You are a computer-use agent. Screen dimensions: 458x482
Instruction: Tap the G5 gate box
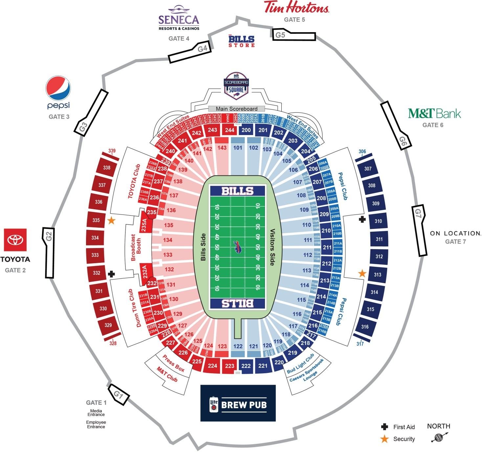point(294,35)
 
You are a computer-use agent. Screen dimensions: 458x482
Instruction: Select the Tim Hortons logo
point(296,8)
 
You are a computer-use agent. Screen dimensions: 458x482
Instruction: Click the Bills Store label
point(242,41)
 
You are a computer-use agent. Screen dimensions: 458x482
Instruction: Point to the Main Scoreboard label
point(236,109)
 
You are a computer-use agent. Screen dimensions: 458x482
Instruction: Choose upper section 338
point(107,168)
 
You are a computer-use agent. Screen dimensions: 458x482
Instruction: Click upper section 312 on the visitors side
point(379,257)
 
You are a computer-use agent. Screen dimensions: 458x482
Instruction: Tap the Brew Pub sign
point(238,403)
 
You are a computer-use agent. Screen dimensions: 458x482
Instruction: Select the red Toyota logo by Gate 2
point(15,240)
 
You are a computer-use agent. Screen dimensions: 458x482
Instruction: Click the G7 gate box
point(420,230)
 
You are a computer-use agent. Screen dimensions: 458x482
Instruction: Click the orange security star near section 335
point(111,220)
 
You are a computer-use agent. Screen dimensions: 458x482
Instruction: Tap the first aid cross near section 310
point(362,219)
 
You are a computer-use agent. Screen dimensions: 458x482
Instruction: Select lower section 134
point(168,240)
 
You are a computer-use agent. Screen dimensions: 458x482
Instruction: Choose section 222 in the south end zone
point(246,366)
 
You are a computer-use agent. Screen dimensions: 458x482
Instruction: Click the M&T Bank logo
point(434,114)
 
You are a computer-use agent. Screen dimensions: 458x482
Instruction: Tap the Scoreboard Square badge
point(236,86)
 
